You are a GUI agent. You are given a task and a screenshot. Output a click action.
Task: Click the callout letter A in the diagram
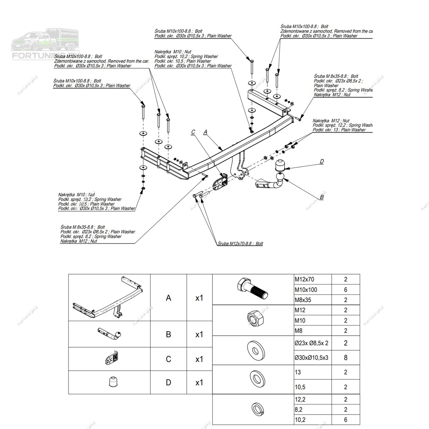[x=205, y=132]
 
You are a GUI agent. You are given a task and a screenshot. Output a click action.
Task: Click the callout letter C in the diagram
[x=193, y=132]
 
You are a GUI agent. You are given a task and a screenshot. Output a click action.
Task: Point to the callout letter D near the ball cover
[x=321, y=162]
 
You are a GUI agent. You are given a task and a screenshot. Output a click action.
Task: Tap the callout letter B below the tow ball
[x=321, y=197]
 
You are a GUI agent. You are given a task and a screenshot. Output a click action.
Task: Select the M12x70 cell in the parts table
[x=304, y=280]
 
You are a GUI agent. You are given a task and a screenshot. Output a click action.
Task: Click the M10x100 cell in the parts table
[x=306, y=290]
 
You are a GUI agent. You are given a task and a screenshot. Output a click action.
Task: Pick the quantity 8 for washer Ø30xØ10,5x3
[x=345, y=357]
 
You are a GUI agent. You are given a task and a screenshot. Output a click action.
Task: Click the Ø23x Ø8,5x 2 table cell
[x=311, y=343]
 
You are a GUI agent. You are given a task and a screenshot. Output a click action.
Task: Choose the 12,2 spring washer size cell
[x=300, y=399]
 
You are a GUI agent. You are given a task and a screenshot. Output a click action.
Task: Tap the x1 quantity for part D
[x=199, y=383]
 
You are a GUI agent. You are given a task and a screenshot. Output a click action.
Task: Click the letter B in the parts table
[x=168, y=335]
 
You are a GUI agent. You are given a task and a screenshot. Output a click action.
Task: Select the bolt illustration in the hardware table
[x=252, y=289]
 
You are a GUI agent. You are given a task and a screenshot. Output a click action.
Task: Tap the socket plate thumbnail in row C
[x=112, y=359]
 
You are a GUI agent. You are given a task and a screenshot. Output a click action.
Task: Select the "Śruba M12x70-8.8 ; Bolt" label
[x=240, y=243]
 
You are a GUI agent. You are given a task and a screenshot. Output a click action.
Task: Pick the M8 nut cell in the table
[x=299, y=331]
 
